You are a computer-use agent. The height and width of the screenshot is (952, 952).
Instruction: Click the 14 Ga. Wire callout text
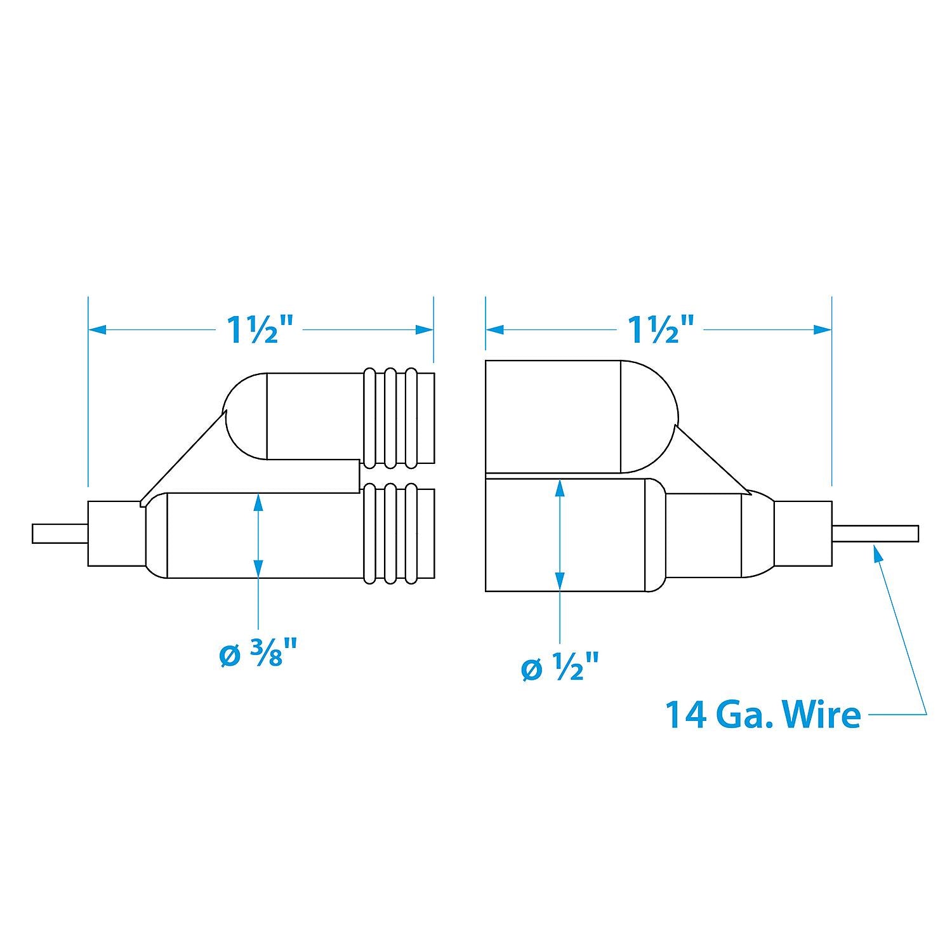pos(762,715)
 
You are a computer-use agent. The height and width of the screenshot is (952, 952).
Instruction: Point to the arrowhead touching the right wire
pos(878,553)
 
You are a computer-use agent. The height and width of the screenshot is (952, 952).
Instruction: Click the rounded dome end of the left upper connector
pos(244,416)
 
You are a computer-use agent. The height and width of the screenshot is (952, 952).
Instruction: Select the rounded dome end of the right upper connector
pos(651,416)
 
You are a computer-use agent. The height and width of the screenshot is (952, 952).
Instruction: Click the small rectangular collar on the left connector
pos(114,534)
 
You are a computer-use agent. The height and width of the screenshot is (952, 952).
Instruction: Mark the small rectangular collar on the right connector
pos(803,534)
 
